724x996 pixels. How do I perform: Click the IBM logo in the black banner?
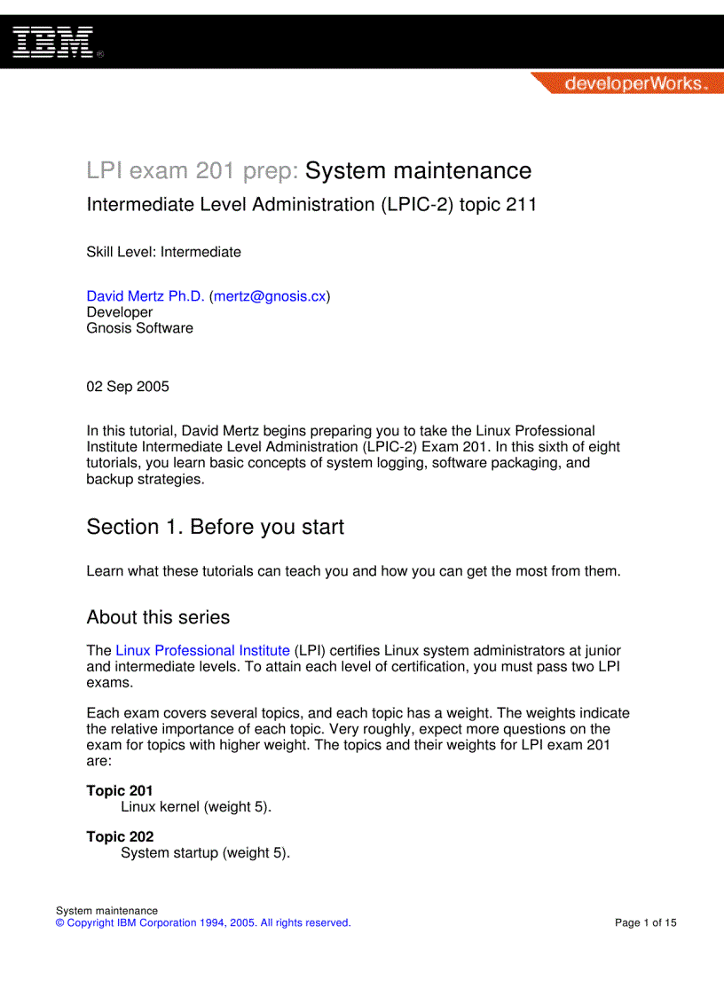point(53,42)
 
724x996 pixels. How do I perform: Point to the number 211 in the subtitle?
point(521,205)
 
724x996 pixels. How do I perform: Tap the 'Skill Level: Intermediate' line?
point(163,252)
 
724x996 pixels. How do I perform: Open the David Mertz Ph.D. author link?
point(146,296)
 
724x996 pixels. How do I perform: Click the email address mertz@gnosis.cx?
point(270,296)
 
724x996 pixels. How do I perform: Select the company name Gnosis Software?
point(139,328)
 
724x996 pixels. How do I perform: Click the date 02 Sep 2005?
point(128,387)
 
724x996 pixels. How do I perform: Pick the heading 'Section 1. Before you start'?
point(215,527)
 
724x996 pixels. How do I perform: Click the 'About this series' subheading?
point(158,617)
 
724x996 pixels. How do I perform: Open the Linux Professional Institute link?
point(202,650)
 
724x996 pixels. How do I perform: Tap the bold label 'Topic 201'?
point(120,790)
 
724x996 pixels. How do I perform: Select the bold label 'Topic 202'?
point(120,836)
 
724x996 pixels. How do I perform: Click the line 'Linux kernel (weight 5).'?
point(196,807)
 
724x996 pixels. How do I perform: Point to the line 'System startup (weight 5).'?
point(205,853)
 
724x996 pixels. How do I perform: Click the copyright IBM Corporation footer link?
point(203,922)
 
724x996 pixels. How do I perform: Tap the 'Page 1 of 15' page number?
point(645,922)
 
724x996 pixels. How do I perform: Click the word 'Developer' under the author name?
point(120,312)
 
